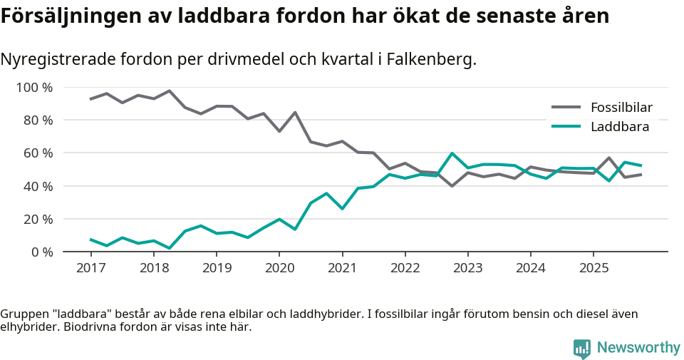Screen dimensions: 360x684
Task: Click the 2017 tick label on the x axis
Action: click(91, 268)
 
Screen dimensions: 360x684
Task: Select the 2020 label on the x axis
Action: click(279, 268)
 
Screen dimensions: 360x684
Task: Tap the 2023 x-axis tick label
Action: click(468, 268)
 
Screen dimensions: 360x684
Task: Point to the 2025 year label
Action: click(594, 268)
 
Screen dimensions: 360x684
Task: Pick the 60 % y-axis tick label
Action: click(38, 153)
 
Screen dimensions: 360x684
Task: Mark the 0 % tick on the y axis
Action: click(41, 252)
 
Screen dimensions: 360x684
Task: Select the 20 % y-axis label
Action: click(38, 219)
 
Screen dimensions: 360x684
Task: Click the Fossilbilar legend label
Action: click(621, 108)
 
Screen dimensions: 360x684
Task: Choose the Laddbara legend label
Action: click(619, 127)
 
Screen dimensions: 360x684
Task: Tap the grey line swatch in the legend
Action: click(567, 108)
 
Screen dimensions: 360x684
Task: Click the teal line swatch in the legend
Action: click(567, 127)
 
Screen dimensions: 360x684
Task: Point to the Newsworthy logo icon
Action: click(582, 348)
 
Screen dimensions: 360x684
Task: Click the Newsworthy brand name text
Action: click(638, 348)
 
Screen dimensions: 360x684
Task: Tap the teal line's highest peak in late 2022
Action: click(452, 153)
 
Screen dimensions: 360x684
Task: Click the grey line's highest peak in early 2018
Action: click(170, 91)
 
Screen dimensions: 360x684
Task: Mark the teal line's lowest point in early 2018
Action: click(170, 248)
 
